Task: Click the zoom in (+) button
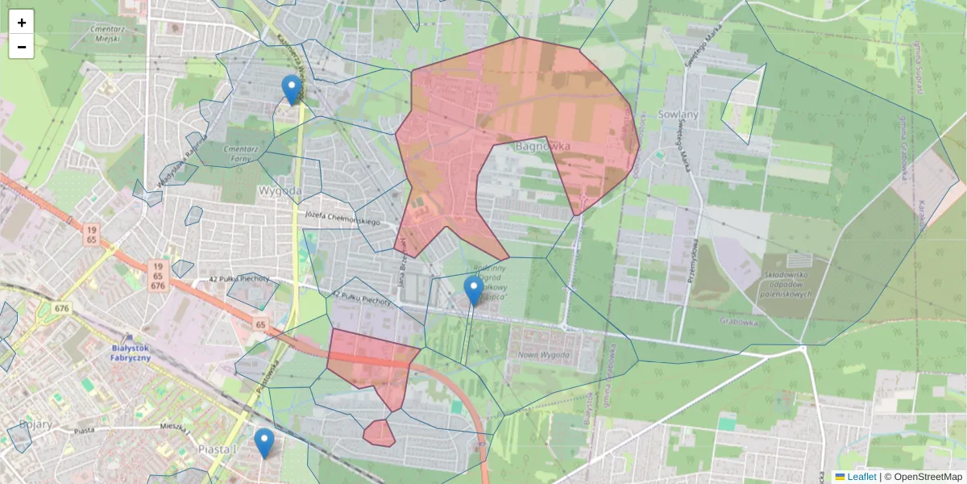(22, 23)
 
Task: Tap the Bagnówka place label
(542, 147)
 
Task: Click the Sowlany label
(677, 114)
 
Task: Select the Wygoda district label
(280, 191)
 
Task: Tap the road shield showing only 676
(62, 308)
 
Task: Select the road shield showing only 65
(260, 324)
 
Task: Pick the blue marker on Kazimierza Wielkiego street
(292, 90)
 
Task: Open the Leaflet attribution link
(861, 477)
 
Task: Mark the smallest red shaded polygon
(379, 433)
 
